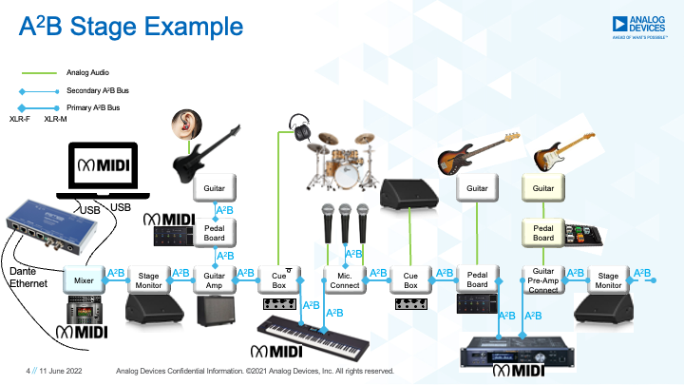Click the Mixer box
tap(83, 281)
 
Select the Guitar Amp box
tap(215, 281)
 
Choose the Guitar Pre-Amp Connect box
tap(542, 281)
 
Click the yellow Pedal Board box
tap(542, 231)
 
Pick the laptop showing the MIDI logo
tap(100, 171)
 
